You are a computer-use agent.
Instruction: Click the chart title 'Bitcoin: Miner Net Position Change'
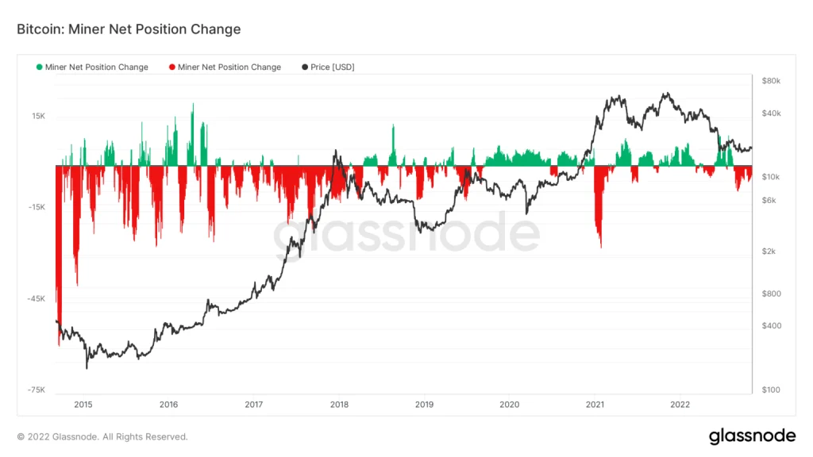tap(129, 29)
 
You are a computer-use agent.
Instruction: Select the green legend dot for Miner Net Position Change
tap(39, 67)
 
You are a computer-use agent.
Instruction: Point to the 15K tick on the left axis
tap(38, 117)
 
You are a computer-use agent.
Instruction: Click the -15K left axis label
tap(37, 208)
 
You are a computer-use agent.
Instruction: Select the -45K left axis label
tap(37, 299)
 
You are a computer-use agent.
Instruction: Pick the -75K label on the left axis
tap(37, 390)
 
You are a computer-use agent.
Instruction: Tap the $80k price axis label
tap(771, 81)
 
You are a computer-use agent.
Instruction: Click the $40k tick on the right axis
tap(771, 113)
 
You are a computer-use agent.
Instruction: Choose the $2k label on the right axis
tap(769, 252)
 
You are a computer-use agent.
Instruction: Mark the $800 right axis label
tap(769, 294)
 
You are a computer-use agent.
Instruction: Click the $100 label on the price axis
tap(769, 390)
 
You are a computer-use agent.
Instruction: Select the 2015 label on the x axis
tap(83, 404)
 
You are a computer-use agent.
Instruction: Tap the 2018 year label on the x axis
tap(339, 404)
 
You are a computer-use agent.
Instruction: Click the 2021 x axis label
tap(595, 404)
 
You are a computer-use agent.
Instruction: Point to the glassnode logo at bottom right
tap(752, 436)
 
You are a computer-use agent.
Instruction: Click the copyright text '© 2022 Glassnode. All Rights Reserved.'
tap(102, 436)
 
